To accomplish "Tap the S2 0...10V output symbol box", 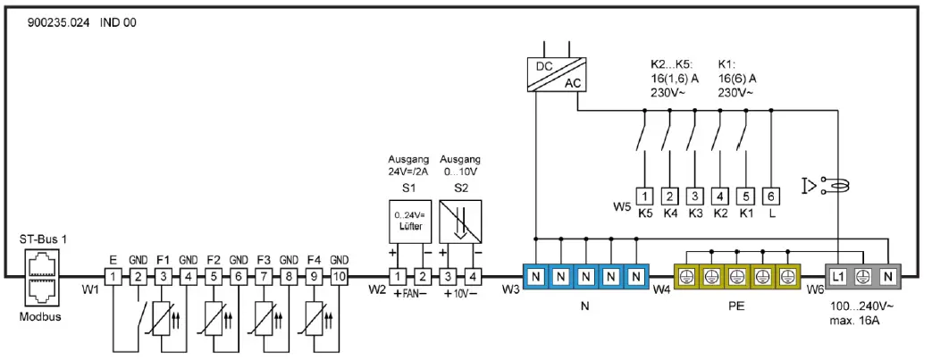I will (x=462, y=222).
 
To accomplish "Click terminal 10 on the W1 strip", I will (x=340, y=278).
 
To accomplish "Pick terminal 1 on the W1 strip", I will (x=113, y=278).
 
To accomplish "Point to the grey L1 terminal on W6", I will (x=837, y=278).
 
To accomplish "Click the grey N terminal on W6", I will (x=887, y=278).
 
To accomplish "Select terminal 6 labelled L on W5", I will (x=771, y=196).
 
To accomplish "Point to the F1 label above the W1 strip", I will (x=164, y=260).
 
